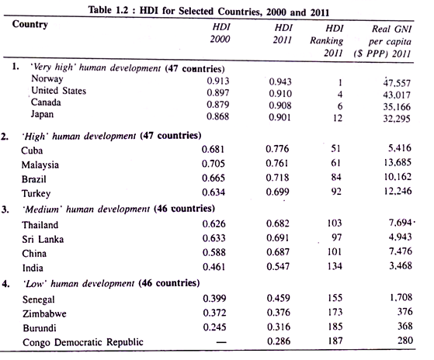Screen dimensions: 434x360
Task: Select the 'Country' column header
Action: [30, 24]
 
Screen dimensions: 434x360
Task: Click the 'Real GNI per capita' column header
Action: [383, 41]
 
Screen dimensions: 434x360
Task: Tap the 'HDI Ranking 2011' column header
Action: [327, 40]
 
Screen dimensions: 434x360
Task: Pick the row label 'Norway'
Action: [47, 79]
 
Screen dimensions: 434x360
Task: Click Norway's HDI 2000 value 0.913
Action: [218, 81]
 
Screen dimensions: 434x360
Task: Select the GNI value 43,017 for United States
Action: [397, 95]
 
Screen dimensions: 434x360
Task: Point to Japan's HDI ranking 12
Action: [338, 118]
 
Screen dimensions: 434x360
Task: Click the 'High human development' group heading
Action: [112, 136]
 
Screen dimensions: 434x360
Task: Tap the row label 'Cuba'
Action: [32, 151]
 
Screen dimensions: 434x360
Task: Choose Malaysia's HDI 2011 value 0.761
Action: [277, 163]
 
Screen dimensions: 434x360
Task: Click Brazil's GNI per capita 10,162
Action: [398, 176]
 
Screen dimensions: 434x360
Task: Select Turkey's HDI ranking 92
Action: [336, 191]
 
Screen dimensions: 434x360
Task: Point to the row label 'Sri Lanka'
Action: [43, 239]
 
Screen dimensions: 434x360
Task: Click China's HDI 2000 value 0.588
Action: [214, 252]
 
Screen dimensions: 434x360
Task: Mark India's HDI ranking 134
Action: [335, 266]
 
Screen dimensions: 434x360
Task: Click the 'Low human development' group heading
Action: [111, 283]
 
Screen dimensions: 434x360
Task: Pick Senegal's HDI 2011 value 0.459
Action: [279, 298]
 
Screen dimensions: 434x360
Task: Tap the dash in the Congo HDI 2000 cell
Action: [221, 343]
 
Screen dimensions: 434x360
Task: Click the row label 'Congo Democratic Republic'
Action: [83, 342]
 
